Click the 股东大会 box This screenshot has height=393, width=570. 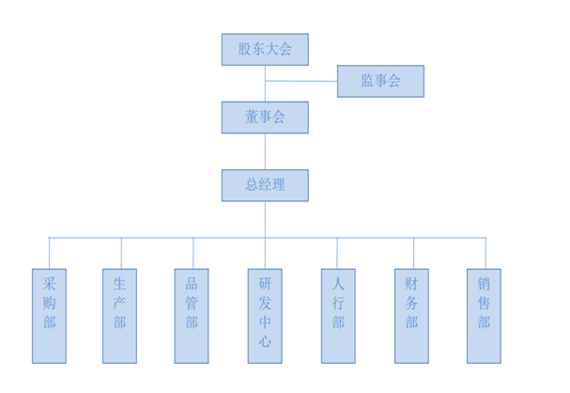tap(265, 50)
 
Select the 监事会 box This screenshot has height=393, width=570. tap(380, 81)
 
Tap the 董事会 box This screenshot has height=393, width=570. tap(265, 118)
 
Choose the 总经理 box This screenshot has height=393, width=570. tap(265, 185)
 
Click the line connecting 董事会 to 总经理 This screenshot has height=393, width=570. tap(265, 151)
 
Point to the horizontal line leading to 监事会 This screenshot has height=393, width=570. tap(301, 81)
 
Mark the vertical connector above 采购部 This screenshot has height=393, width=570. tap(49, 253)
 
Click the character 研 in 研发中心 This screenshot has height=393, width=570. tap(265, 282)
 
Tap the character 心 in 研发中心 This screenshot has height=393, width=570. tap(265, 343)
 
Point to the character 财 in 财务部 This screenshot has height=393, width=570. tap(411, 282)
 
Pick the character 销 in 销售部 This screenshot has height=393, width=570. tap(484, 282)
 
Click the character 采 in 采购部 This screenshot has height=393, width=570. tap(49, 282)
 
